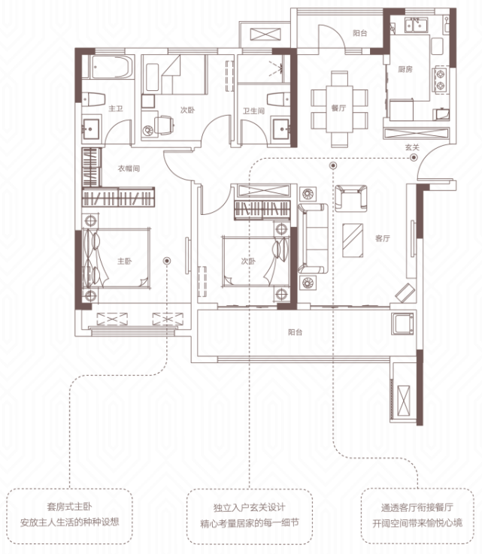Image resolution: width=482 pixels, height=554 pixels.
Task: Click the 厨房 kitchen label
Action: pos(405,69)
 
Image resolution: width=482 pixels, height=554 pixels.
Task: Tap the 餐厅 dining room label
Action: pos(338,108)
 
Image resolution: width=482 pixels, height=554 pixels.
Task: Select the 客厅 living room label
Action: pos(382,238)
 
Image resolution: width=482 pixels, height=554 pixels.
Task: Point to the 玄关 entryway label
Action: pos(412,147)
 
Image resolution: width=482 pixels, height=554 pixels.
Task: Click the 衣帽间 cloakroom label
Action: pos(129,168)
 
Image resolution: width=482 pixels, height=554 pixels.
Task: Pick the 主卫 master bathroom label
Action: pos(116,108)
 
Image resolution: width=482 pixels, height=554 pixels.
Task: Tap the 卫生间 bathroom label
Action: pos(253,111)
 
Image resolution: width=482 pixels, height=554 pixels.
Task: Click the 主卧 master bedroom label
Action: pos(124,261)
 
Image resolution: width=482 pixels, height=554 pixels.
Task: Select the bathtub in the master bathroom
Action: pos(112,67)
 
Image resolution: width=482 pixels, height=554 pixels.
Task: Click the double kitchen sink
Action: pos(416,25)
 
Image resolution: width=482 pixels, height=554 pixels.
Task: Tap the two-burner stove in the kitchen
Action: pos(441,80)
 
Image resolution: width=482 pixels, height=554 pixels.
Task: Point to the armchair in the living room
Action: pos(350,198)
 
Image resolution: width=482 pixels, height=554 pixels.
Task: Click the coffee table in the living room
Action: pos(353,241)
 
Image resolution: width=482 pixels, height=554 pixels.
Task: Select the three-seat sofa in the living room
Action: pos(312,238)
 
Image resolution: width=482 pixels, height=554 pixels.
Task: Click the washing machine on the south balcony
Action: pos(402,323)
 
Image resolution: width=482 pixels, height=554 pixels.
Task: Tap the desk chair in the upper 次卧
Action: pos(163,125)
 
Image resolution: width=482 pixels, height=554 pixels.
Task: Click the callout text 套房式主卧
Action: pos(70,507)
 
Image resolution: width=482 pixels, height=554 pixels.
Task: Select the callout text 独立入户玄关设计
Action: pos(250,507)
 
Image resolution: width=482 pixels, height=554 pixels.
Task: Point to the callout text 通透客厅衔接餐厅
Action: pos(417,507)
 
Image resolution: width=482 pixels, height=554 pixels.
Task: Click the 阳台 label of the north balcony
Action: pos(359,33)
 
